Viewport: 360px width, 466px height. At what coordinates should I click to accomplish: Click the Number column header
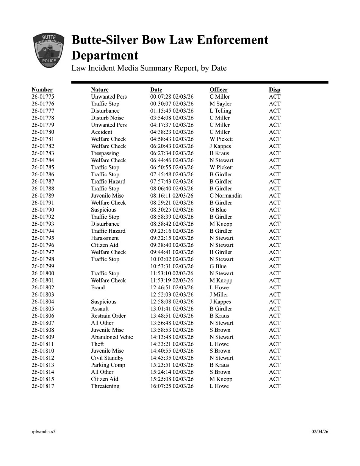click(42, 90)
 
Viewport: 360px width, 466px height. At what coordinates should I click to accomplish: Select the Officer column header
click(219, 90)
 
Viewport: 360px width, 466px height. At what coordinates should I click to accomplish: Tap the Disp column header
click(275, 90)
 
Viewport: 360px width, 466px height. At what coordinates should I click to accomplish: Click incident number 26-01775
click(43, 97)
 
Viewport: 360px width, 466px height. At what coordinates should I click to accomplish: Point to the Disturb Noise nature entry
click(107, 118)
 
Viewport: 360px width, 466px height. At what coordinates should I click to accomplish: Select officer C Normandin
click(225, 196)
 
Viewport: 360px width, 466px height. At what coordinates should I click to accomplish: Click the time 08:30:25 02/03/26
click(172, 210)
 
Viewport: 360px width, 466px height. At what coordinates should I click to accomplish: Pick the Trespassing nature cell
click(105, 153)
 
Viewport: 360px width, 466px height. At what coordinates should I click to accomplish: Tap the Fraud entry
click(98, 287)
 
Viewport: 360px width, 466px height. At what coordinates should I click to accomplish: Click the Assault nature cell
click(100, 309)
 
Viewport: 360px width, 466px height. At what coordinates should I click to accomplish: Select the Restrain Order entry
click(108, 316)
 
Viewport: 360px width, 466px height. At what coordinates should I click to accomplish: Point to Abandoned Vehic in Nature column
click(112, 337)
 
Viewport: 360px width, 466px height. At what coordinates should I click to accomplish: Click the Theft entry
click(97, 344)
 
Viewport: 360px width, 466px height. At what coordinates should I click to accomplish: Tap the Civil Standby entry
click(107, 358)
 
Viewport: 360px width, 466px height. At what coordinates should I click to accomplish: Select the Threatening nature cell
click(105, 386)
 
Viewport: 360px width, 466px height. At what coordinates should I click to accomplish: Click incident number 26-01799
click(43, 266)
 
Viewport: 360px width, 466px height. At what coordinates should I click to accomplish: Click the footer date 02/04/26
click(320, 431)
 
